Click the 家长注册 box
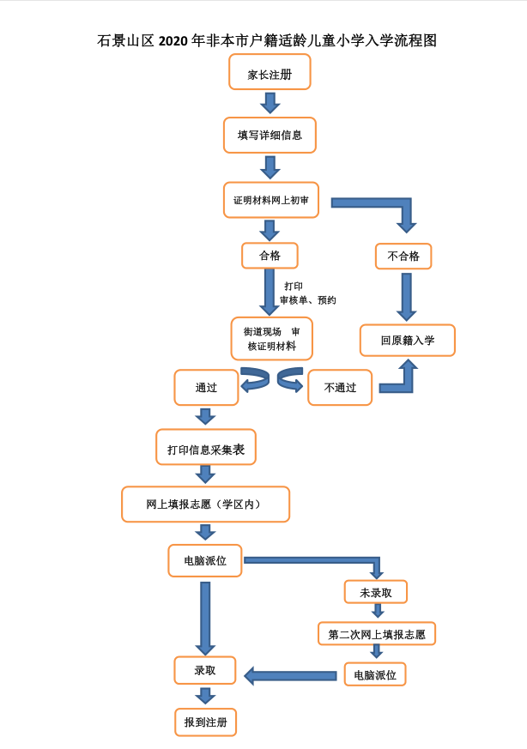tap(270, 72)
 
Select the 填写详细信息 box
tap(270, 135)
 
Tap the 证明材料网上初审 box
tap(271, 200)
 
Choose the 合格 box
tap(270, 256)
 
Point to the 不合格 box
tap(403, 256)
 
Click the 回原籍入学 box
tap(408, 340)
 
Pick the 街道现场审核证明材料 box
tap(272, 339)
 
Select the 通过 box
tap(206, 388)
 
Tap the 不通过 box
tap(340, 388)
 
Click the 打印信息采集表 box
tap(206, 448)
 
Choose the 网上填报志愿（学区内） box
tap(205, 504)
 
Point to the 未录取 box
tap(376, 592)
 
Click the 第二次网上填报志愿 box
tap(377, 634)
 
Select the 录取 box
tap(205, 670)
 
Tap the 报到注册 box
tap(205, 722)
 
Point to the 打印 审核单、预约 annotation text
tap(306, 293)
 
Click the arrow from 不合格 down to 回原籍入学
tap(406, 296)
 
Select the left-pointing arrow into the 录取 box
tap(290, 676)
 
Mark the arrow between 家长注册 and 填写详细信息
tap(270, 103)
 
